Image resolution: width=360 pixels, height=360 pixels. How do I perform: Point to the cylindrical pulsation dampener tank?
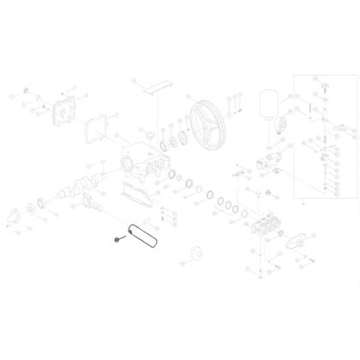click(268, 104)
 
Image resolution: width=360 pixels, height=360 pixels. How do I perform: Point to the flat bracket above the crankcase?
click(157, 88)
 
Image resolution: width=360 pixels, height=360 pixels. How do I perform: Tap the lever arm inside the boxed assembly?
click(326, 142)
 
